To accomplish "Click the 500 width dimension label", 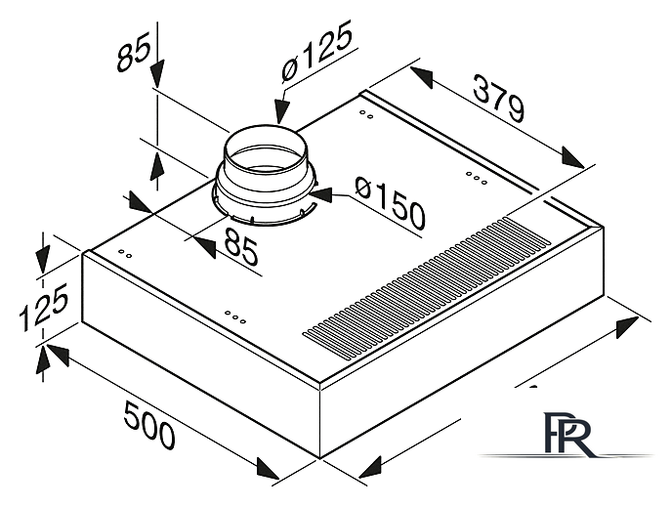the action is tap(149, 424).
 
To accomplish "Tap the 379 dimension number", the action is tap(498, 98).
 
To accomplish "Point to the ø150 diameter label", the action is tap(391, 203).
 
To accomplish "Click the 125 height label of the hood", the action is tap(44, 307).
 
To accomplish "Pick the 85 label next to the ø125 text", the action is tap(134, 52).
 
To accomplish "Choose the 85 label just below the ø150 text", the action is tap(241, 246).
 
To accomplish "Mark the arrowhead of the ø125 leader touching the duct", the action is tap(281, 111).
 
